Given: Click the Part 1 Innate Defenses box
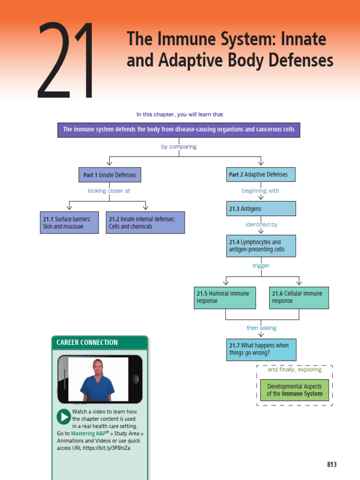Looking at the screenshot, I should coord(109,175).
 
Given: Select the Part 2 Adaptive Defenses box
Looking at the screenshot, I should coord(261,174).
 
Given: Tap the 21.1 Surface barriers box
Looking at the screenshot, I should coord(69,222).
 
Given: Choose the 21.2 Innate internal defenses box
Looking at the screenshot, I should coord(145,222).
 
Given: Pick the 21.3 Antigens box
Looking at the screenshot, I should coord(261,209).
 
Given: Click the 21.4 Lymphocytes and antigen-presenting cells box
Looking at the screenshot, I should coord(261,246).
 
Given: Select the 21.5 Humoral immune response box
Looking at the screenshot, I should coord(225,297).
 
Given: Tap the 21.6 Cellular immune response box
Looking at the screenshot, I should coord(299,297).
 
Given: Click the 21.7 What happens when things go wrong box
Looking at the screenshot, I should coord(261,349).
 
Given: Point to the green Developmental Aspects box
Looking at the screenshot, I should coord(294,390).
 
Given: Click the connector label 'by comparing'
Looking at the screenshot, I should coord(179,147).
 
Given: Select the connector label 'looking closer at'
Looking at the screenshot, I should coord(109,191).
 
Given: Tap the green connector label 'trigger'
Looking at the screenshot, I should coord(261,266).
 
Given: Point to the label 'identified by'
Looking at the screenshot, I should coord(261,225).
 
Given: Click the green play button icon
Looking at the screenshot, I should coord(63,417).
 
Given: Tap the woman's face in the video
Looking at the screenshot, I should coord(98,367).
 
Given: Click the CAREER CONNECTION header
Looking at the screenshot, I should coord(87,343).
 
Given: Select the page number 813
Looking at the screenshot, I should coord(332,465).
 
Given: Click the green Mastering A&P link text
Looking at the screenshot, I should coord(90,434).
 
